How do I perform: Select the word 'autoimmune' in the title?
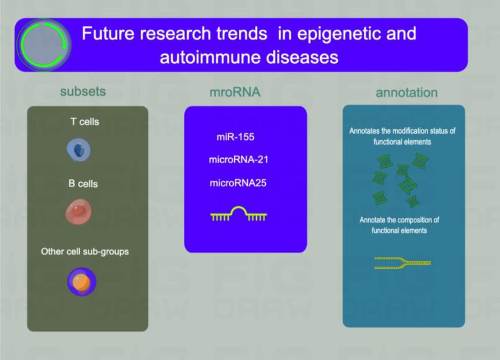[x=210, y=57]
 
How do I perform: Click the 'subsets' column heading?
[x=83, y=91]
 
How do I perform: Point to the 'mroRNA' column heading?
[x=235, y=92]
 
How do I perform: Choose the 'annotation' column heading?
[x=407, y=93]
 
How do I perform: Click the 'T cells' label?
[x=85, y=122]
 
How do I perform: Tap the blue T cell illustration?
[x=79, y=150]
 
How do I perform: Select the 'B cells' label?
[x=83, y=184]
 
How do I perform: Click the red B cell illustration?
[x=79, y=211]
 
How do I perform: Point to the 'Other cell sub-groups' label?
[x=85, y=252]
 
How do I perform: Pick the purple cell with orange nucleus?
[x=82, y=281]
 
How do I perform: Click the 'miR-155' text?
[x=235, y=137]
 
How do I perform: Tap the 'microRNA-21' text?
[x=238, y=160]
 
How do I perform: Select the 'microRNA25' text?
[x=238, y=183]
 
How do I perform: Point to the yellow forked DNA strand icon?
[x=402, y=263]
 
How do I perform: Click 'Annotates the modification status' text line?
[x=402, y=131]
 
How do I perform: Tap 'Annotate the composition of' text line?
[x=399, y=220]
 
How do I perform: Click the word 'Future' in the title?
[x=108, y=34]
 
